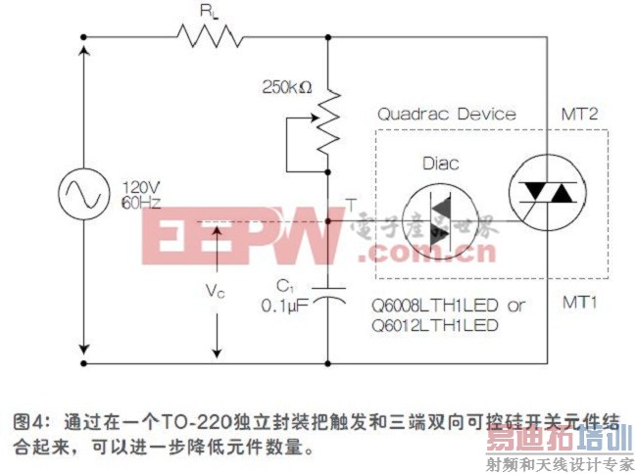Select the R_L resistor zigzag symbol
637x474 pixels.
coord(210,37)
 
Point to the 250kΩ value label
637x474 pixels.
coord(286,86)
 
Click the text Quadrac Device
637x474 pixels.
coord(446,115)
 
